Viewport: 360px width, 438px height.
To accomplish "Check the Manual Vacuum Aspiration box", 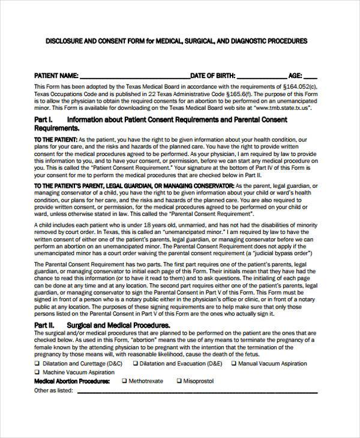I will tap(232, 364).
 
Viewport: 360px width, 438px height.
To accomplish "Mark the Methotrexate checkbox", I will tap(125, 380).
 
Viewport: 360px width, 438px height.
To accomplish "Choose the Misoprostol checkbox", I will tap(179, 380).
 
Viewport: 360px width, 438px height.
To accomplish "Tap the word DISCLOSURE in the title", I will tap(67, 41).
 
